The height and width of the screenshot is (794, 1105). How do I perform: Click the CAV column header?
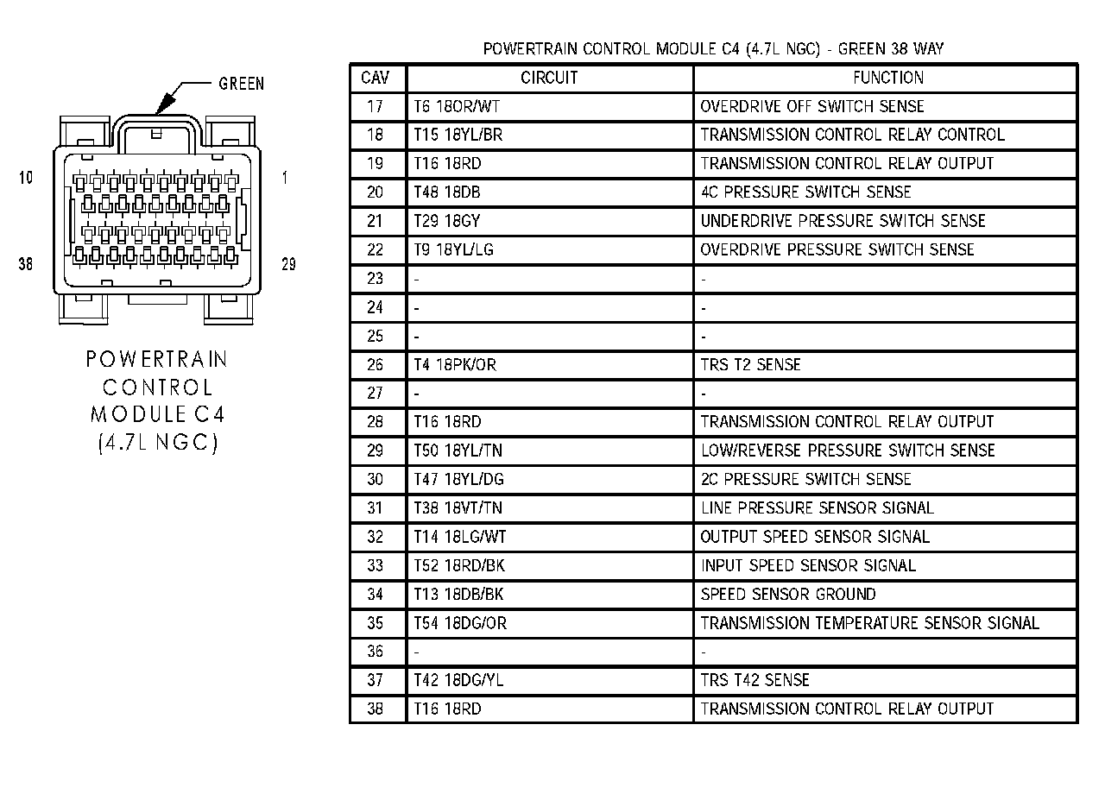click(x=375, y=78)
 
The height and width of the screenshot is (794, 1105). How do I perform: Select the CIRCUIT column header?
click(x=549, y=78)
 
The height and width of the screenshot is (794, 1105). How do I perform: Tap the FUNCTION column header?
click(x=888, y=78)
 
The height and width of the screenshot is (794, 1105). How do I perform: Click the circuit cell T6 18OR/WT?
click(x=454, y=106)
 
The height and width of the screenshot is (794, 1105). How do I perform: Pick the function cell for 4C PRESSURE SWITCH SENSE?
click(x=805, y=192)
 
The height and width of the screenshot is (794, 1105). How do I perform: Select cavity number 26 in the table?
click(x=375, y=365)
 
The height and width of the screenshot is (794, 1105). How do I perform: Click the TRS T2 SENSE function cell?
click(x=750, y=365)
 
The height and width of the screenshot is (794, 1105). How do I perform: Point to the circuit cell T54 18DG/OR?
click(x=459, y=623)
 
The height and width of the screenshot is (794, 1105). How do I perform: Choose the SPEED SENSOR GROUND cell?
click(x=787, y=595)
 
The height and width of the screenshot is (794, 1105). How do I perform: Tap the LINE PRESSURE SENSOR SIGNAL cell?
click(x=817, y=508)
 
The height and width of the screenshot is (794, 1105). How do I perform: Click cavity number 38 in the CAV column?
click(x=375, y=709)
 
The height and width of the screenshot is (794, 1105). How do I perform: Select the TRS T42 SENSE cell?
click(x=755, y=680)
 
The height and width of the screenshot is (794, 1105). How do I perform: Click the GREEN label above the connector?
click(x=241, y=84)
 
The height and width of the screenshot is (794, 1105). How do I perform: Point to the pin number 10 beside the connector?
click(x=25, y=178)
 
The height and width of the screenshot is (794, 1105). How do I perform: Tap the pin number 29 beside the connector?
click(x=288, y=264)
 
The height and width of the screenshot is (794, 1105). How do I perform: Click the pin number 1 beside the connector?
click(x=285, y=178)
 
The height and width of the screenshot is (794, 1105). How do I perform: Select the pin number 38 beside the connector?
click(x=25, y=264)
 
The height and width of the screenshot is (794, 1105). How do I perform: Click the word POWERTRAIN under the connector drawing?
click(x=156, y=359)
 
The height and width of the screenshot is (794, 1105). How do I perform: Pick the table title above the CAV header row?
click(x=713, y=48)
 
